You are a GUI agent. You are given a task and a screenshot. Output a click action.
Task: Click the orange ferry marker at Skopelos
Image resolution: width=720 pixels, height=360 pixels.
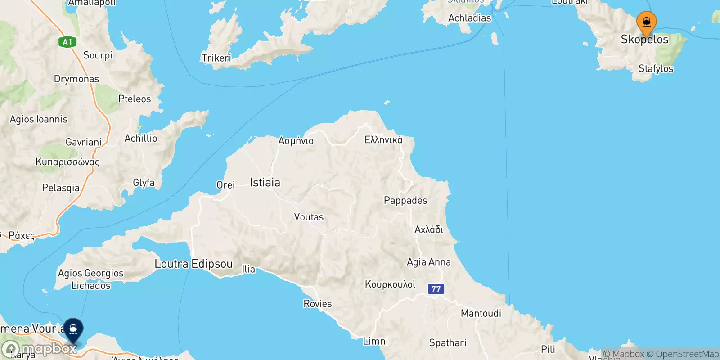646,22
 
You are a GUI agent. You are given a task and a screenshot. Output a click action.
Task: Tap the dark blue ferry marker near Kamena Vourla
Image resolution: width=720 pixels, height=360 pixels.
73,330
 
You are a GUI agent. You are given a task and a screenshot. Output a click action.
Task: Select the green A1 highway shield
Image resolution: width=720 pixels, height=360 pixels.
67,42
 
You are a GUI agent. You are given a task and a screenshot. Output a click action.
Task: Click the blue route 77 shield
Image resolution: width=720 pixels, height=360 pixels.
436,289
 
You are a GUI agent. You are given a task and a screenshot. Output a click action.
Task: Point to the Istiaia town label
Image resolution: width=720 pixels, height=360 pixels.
265,182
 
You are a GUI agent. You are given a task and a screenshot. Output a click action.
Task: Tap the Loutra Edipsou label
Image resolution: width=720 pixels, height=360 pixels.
193,264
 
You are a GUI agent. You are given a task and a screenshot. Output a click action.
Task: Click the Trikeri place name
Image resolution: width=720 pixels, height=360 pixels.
216,58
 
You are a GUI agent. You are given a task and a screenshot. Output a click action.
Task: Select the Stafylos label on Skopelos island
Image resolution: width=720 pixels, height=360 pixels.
656,69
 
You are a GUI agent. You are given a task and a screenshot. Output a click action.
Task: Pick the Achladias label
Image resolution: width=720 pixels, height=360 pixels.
469,18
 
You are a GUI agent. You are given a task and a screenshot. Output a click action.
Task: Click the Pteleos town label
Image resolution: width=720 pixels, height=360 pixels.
135,99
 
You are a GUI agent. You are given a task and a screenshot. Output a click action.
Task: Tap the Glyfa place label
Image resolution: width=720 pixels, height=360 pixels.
144,183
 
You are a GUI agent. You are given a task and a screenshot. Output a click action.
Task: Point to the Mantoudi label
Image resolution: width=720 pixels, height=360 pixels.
481,313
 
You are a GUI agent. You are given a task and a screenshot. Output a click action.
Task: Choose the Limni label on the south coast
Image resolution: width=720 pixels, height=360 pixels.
375,341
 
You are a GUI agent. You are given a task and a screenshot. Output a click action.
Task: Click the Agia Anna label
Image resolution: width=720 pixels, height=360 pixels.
428,262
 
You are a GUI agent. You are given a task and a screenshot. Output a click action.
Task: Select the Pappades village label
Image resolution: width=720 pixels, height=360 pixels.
405,200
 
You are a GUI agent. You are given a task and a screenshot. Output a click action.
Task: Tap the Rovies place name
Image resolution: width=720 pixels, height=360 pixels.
318,304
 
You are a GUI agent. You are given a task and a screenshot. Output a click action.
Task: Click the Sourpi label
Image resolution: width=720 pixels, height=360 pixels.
98,55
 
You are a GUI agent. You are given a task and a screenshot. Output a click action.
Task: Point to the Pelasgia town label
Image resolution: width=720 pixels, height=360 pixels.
61,188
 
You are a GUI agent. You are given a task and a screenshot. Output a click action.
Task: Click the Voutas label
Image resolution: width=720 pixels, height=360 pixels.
309,217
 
